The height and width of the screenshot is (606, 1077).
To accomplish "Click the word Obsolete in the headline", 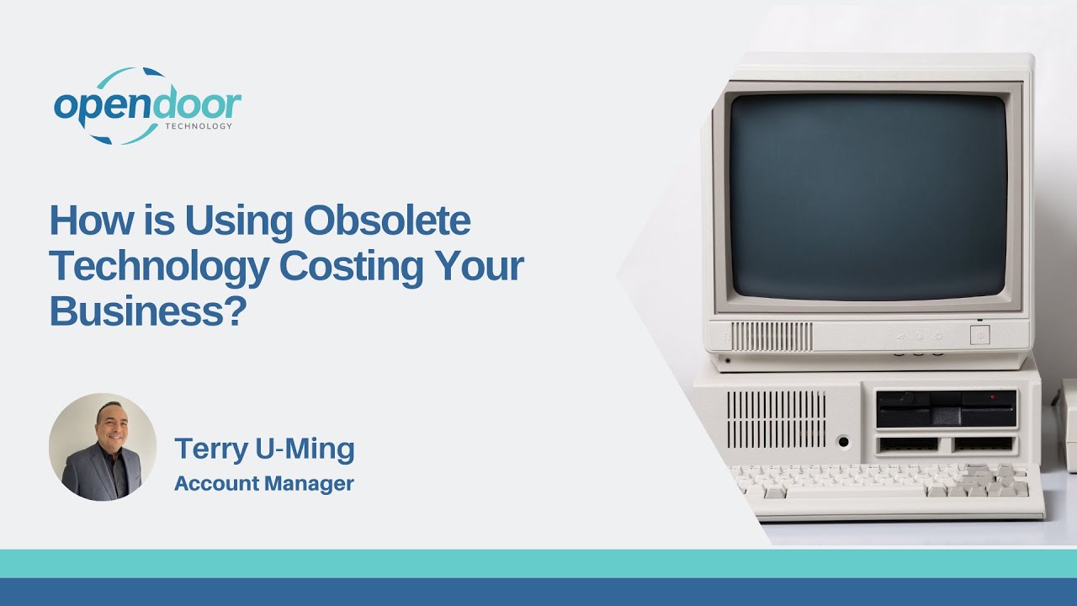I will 387,221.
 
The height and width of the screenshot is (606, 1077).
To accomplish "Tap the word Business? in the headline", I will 147,311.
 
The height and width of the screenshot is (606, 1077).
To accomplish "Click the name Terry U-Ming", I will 264,449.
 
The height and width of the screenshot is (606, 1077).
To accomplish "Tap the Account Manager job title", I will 264,484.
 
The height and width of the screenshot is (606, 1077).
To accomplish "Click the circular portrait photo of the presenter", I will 103,447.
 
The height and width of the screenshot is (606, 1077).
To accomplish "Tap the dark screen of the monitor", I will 867,195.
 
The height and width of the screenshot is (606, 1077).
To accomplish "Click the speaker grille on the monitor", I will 772,337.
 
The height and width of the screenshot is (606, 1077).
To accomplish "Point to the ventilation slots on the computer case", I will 776,418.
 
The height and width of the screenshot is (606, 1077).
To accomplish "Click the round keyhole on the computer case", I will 842,440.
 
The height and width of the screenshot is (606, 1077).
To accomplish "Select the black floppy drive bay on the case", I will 946,408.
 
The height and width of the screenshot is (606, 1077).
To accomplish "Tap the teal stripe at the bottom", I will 538,563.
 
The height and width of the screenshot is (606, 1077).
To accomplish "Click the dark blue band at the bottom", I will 538,592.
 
